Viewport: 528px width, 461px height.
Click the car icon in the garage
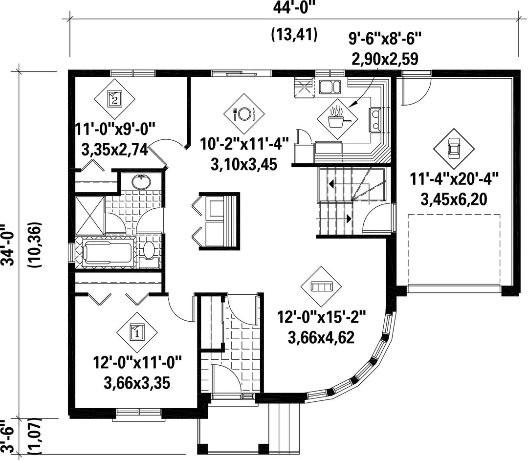pos(454,149)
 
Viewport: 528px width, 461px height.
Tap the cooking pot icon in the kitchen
pos(337,119)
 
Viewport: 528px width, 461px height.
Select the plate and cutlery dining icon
pos(244,113)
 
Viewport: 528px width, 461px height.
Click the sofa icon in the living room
pos(322,286)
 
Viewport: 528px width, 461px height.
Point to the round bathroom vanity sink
pos(141,182)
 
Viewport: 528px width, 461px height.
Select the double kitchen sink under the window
pos(330,87)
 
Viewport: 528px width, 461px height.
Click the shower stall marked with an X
pos(90,216)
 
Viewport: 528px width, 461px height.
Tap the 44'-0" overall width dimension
pos(294,7)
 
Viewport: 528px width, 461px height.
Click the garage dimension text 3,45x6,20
pos(454,199)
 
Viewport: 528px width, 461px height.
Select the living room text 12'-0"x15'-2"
pos(321,317)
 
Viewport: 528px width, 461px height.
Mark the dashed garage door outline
pos(454,250)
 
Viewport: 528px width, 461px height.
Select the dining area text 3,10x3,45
pos(244,165)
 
